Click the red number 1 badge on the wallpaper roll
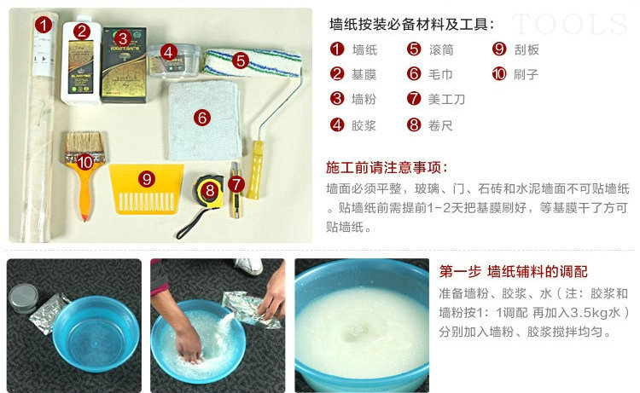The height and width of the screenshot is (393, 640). (x=44, y=25)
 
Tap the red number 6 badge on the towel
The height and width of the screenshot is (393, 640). (x=202, y=118)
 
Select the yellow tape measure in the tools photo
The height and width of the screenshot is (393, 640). (x=208, y=191)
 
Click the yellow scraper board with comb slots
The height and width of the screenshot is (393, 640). (x=146, y=188)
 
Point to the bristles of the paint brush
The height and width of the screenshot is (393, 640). (x=84, y=142)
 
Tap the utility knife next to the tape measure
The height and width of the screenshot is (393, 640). (x=236, y=189)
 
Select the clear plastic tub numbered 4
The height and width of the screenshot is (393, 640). (x=174, y=61)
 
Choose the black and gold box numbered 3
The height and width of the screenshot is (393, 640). (x=124, y=65)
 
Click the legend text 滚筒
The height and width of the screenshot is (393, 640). (x=441, y=49)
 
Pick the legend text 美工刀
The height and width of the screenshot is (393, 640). (x=446, y=99)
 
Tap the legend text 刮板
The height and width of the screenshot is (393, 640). (x=527, y=49)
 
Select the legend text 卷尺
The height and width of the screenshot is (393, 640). (x=440, y=125)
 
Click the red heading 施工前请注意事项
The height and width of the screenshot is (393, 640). (x=387, y=167)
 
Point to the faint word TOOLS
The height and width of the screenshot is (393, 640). (x=569, y=24)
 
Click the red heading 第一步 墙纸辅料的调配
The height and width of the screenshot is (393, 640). (x=513, y=271)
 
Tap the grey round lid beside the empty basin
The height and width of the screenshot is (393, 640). (x=24, y=298)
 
